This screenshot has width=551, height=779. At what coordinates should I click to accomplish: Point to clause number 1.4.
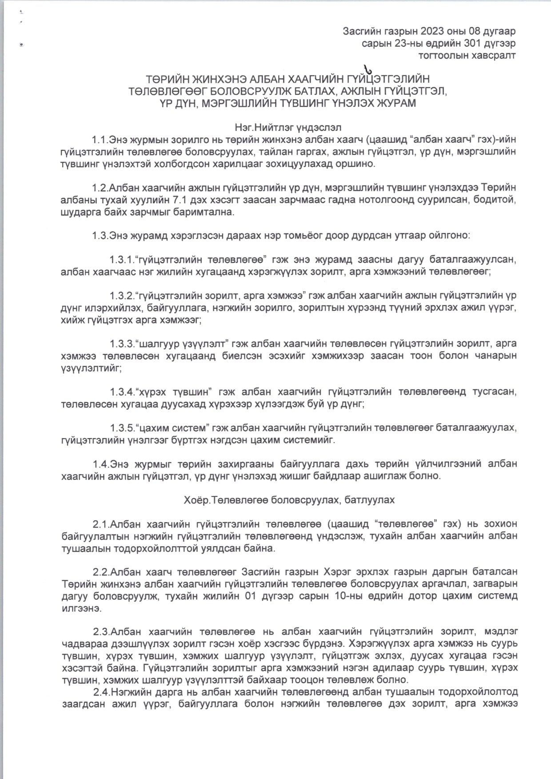click(100, 464)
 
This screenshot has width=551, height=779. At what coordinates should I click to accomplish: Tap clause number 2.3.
click(100, 631)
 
